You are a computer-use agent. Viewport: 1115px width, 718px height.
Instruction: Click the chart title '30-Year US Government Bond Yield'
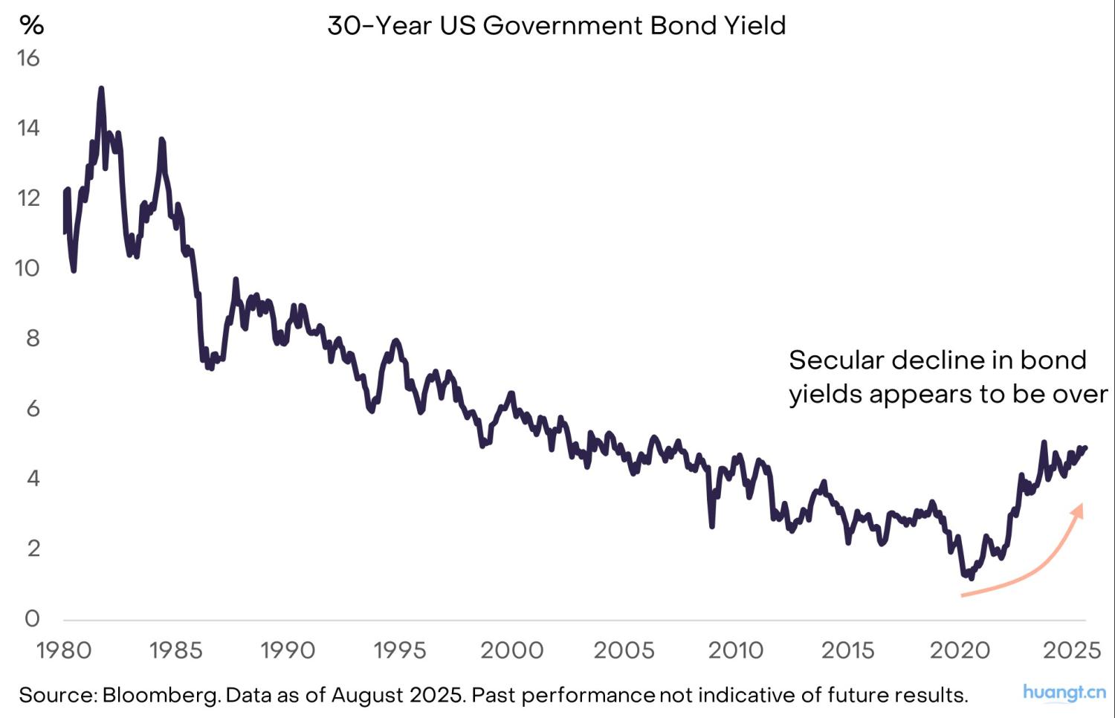click(x=556, y=26)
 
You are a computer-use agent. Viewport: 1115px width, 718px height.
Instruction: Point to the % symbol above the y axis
click(x=31, y=26)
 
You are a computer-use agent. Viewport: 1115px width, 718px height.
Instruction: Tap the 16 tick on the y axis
click(x=28, y=58)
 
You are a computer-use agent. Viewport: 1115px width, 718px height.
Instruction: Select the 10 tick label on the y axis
click(x=27, y=268)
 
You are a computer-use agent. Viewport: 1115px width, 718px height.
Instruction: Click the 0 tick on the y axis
click(x=32, y=618)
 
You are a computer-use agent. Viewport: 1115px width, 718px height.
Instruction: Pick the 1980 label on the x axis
click(x=64, y=651)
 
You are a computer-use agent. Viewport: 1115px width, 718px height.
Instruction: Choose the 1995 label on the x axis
click(x=399, y=651)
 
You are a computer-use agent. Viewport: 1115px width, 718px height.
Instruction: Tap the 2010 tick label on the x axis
click(x=735, y=651)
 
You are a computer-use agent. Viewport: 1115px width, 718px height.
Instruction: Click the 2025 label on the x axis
click(x=1071, y=651)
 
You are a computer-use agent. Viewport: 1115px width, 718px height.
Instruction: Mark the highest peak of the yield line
click(x=101, y=88)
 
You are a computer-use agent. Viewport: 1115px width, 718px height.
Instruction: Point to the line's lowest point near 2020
click(x=971, y=578)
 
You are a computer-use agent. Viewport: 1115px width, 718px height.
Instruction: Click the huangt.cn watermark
click(x=1064, y=693)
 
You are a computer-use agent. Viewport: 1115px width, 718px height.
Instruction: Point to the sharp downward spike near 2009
click(x=712, y=526)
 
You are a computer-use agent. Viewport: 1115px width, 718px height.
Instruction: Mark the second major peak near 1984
click(x=161, y=140)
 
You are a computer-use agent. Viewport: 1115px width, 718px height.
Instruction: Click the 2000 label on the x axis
click(x=511, y=651)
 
